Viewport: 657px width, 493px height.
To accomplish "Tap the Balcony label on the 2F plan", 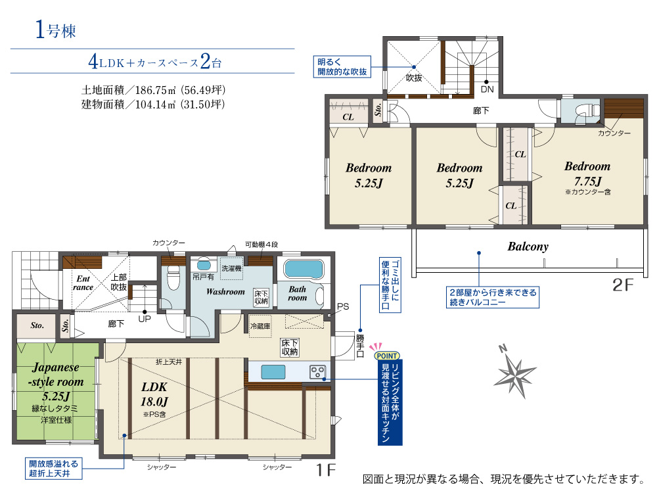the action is point(528,246).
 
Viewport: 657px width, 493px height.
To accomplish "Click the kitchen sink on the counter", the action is point(273,372).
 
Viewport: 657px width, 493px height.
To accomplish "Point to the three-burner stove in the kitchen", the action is point(317,372).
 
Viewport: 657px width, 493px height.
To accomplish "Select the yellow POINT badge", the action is point(386,356).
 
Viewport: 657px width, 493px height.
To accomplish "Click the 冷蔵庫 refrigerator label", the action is point(260,326).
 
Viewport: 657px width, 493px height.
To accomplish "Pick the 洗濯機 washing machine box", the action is point(232,268).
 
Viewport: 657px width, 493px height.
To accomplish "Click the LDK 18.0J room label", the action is point(154,394).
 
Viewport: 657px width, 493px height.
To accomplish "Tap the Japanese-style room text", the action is point(56,375).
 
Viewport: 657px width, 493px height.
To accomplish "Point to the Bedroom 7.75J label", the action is point(587,174).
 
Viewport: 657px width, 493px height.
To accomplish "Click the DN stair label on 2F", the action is point(487,89).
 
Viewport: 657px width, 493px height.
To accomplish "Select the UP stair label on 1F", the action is point(145,319).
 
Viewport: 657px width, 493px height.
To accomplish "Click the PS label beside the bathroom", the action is point(343,306).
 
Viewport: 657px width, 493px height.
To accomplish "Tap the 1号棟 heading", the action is point(56,30).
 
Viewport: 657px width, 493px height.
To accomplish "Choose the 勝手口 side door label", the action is point(360,346).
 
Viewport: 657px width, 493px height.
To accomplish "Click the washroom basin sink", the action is point(204,265).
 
